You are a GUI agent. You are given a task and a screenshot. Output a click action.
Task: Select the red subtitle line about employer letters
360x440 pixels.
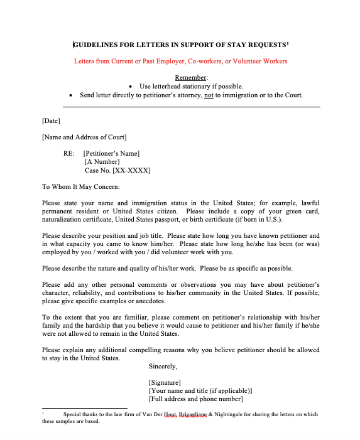[180, 62]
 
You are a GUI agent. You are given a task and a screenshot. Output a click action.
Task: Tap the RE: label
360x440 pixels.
[69, 153]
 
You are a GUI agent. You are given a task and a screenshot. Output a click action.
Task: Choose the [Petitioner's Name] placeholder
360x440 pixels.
[111, 153]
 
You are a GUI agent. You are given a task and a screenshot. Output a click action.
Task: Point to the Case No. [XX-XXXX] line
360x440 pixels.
[117, 170]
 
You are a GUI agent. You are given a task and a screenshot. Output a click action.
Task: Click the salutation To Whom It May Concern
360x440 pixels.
[80, 186]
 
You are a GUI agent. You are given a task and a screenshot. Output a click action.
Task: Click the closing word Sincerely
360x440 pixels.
[163, 366]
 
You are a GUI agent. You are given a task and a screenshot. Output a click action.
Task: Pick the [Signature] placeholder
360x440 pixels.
[165, 382]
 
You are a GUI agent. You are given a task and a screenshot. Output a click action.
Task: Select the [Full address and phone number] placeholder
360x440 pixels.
[195, 399]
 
